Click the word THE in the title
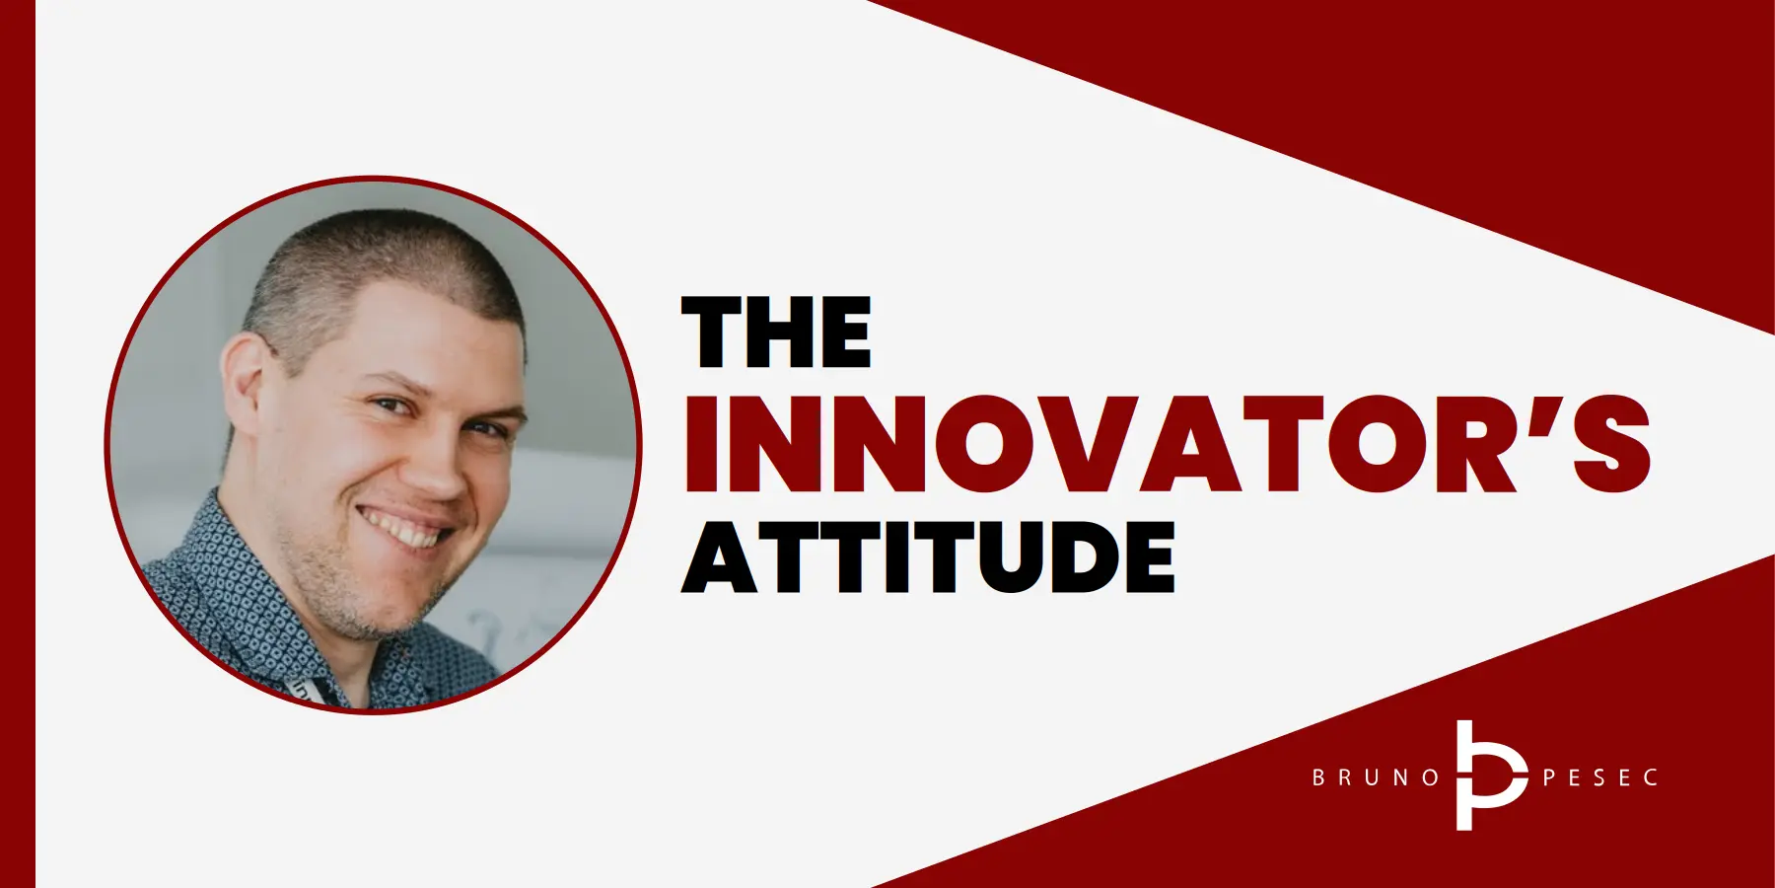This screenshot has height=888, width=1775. click(777, 333)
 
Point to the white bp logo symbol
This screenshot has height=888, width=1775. click(1487, 776)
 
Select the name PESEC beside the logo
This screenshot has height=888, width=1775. click(1599, 777)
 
